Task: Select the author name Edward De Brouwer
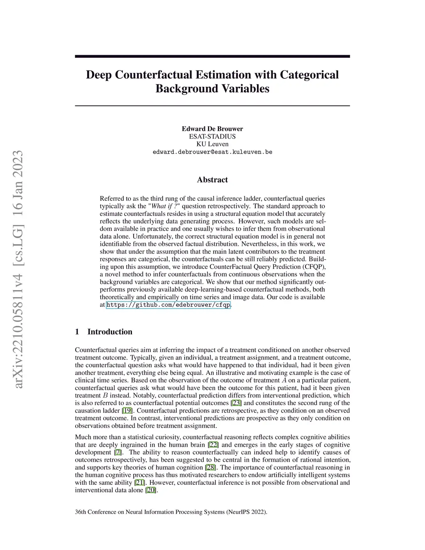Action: point(212,129)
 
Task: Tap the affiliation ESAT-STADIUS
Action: point(212,136)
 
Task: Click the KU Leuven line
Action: point(212,144)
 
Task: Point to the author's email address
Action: point(212,152)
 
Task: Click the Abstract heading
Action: point(212,180)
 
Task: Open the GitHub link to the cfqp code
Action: point(168,305)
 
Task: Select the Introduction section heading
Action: point(110,332)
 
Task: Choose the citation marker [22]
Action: point(213,445)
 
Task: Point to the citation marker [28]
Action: point(210,467)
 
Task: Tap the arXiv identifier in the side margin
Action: point(19,270)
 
